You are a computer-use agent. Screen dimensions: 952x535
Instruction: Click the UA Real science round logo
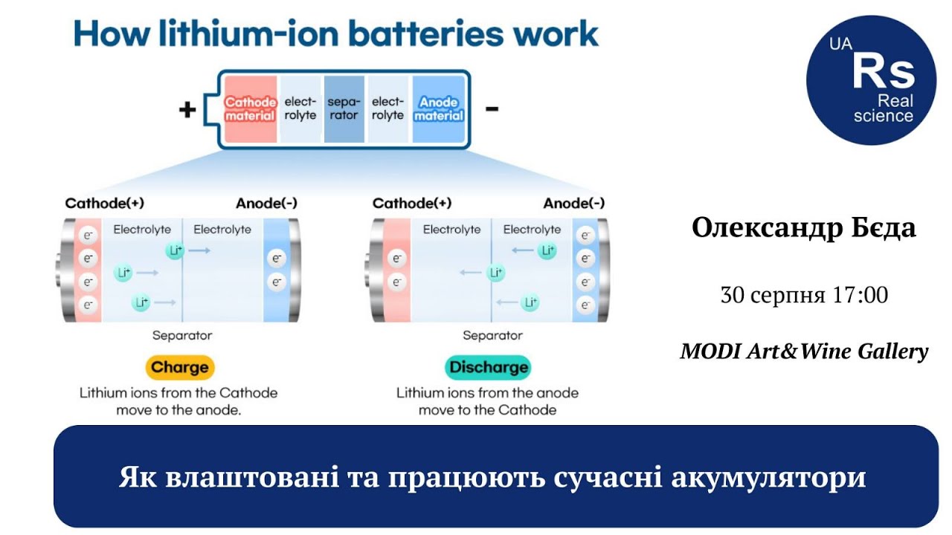[871, 80]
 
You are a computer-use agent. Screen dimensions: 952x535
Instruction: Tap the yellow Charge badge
[180, 367]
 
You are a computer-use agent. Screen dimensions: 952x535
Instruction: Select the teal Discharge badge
[489, 367]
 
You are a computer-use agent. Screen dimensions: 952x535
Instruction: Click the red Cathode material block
[251, 109]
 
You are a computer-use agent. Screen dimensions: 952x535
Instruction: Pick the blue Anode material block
[439, 109]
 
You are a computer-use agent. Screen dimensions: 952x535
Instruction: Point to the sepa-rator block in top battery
[344, 109]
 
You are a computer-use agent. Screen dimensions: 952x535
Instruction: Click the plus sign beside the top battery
[187, 109]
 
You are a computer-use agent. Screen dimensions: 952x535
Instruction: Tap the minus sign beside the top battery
[492, 109]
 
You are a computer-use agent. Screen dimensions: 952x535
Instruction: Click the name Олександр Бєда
[803, 227]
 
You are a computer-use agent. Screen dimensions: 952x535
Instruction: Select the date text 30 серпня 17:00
[804, 295]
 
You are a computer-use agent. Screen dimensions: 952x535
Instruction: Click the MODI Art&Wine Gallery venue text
[804, 351]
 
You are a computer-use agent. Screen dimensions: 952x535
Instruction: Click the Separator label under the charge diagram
[182, 335]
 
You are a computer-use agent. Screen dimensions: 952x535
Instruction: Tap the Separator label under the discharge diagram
[492, 335]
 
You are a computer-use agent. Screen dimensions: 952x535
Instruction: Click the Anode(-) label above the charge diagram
[266, 204]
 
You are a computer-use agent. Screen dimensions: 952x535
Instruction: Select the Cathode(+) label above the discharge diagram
[412, 204]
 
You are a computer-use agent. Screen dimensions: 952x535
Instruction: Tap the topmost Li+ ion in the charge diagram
[175, 250]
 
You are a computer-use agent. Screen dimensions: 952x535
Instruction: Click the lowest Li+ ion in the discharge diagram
[530, 302]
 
